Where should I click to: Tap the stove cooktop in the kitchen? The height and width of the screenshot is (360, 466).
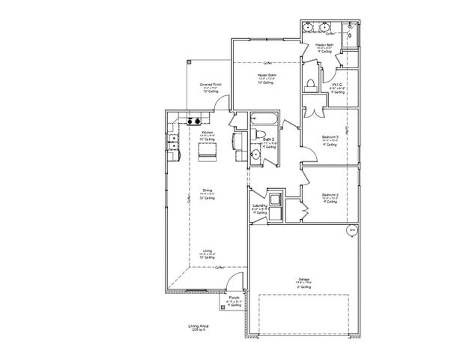click(x=193, y=121)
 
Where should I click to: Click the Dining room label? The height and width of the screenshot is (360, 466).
click(x=208, y=193)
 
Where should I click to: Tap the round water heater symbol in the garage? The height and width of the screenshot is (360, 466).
click(x=351, y=230)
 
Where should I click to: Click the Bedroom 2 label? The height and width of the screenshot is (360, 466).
click(x=330, y=196)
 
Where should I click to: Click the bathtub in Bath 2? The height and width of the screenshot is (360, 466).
click(x=264, y=118)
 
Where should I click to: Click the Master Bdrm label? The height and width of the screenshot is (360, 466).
click(x=267, y=76)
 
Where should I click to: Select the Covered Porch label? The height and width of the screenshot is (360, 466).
click(x=210, y=86)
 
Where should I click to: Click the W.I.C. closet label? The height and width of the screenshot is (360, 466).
click(x=336, y=85)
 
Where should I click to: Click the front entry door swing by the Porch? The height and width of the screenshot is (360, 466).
click(x=235, y=283)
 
